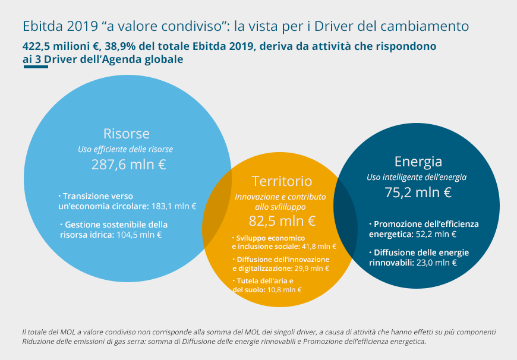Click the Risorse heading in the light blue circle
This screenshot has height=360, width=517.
pos(126,133)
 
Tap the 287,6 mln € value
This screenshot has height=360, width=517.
pos(128,165)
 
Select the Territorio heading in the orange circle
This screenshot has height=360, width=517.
pos(282,181)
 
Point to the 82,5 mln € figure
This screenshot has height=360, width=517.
pos(282,221)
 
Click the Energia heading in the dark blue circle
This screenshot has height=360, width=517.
pos(418,162)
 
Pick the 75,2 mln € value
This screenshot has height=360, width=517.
pos(418,192)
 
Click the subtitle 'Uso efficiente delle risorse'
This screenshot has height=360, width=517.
pos(125,149)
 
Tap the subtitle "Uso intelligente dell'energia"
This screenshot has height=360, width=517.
pos(417,177)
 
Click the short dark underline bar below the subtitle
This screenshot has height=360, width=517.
pos(35,67)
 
